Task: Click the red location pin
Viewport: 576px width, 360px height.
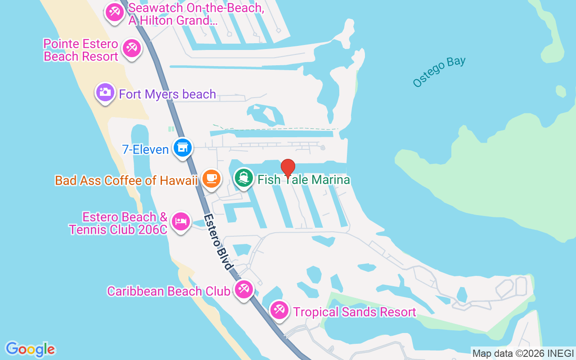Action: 288,168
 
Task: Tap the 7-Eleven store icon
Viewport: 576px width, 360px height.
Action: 182,148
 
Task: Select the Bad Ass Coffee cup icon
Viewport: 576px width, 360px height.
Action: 211,179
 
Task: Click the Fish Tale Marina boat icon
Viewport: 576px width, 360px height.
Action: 244,178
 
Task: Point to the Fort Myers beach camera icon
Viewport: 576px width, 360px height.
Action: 105,93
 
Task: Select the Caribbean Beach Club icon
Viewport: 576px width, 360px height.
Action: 244,289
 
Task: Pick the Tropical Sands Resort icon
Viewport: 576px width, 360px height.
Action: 279,310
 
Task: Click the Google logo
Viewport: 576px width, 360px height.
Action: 30,349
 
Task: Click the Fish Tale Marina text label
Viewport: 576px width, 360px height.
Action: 304,180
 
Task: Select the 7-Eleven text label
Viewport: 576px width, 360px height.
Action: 145,149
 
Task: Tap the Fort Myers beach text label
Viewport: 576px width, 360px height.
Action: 167,94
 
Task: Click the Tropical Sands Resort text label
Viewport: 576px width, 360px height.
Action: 355,312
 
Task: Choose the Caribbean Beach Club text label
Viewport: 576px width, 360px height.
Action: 169,291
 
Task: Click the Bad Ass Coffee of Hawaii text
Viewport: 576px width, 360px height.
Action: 126,180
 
